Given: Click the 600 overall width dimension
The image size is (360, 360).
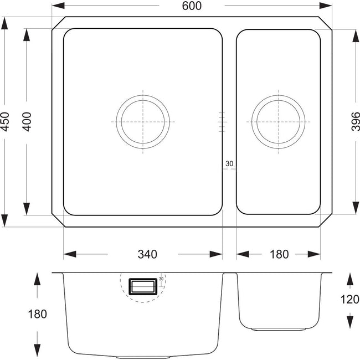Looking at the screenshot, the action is click(192, 6).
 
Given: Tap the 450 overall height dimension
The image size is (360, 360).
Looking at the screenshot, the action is click(4, 122).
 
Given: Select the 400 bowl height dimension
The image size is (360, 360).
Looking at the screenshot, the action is click(27, 122).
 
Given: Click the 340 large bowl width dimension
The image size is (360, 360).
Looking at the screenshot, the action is click(147, 254).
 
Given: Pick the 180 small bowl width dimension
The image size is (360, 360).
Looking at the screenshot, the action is click(279, 254).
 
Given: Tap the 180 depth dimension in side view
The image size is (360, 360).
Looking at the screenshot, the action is click(37, 314).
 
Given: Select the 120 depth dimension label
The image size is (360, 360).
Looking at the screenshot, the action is click(349, 300).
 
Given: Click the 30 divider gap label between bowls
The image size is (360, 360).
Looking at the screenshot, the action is click(229, 164).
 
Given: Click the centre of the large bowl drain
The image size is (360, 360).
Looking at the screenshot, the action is click(143, 122).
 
